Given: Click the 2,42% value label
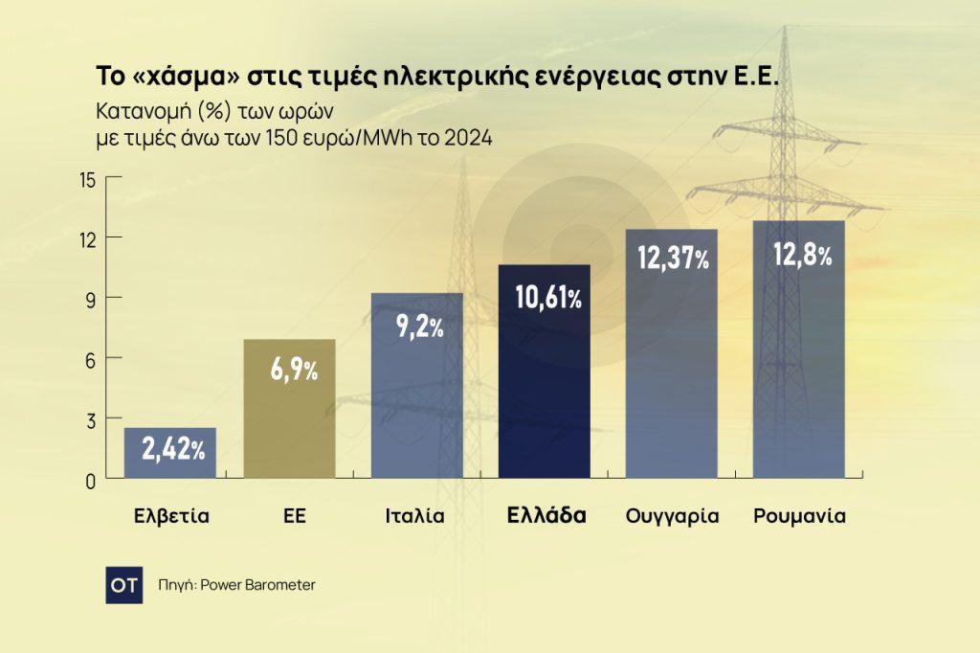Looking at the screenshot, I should (173, 447).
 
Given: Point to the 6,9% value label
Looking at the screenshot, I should (293, 370).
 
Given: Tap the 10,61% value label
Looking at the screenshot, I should (547, 297).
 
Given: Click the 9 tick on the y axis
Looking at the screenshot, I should (90, 299).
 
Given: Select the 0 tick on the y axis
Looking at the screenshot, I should (90, 480).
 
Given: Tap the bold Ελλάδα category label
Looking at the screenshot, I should (546, 515).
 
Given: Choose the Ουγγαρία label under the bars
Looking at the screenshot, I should (672, 516).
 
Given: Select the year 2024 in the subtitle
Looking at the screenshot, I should (470, 139).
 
